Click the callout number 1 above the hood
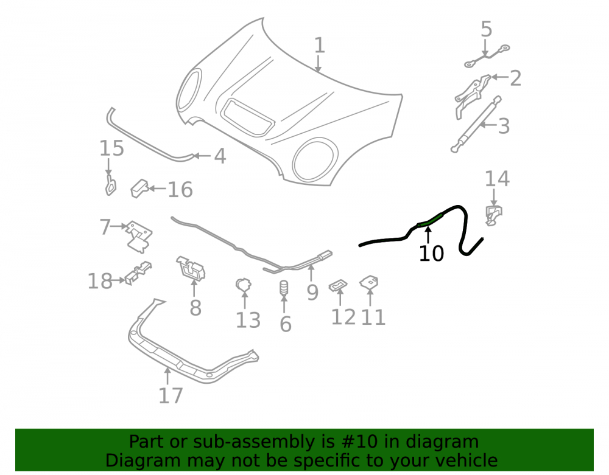(319, 46)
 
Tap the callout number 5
(486, 29)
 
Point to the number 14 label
(497, 179)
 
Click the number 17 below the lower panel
(171, 395)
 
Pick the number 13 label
(248, 321)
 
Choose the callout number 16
(180, 190)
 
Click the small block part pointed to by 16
(139, 189)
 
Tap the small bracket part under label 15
(111, 185)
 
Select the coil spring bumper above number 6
(284, 288)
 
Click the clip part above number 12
(338, 285)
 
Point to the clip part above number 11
(369, 282)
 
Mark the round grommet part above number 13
(244, 285)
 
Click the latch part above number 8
(191, 268)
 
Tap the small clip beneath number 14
(493, 215)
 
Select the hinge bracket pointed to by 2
(471, 95)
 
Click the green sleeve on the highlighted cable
(429, 220)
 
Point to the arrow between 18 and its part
(119, 280)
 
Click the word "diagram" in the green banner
(442, 442)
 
